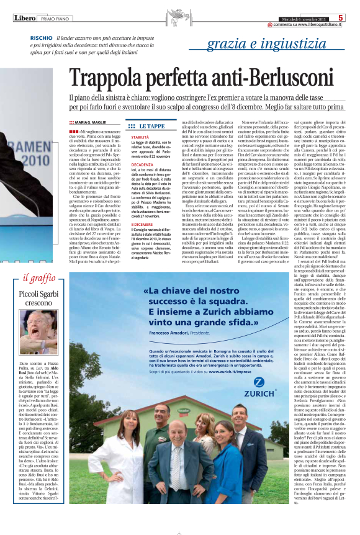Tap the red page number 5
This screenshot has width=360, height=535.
pos(340,18)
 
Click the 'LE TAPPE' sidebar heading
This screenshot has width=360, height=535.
pos(151,125)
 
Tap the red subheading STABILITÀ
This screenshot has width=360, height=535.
pos(140,137)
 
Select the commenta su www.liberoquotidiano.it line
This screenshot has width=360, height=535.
pos(307,25)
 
